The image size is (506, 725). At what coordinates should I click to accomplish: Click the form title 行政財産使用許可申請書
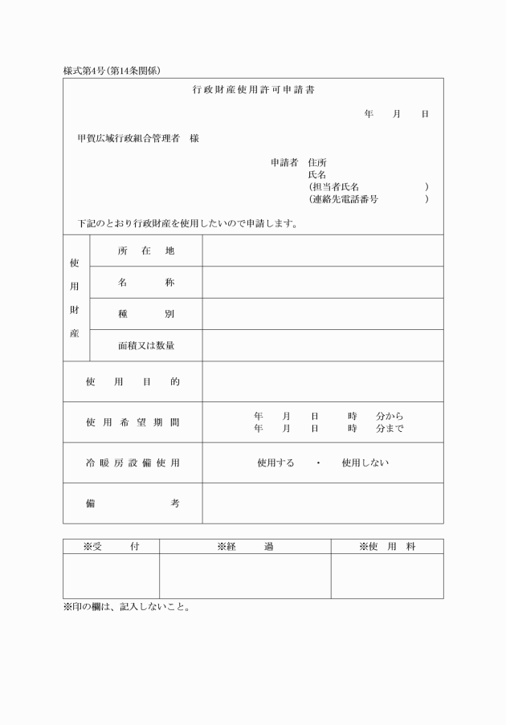point(253,90)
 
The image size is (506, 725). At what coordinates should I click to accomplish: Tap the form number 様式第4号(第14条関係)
point(112,71)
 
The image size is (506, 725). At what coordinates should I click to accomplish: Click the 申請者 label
point(284,162)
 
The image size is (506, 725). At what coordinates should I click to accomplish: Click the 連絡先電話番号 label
point(343,198)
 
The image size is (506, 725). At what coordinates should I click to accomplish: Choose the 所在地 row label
point(146,250)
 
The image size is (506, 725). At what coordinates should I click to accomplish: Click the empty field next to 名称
point(322,283)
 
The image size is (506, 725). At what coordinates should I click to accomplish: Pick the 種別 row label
point(146,314)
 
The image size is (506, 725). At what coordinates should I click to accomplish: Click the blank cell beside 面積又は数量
point(322,345)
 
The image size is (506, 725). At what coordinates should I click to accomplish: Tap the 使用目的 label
point(133,382)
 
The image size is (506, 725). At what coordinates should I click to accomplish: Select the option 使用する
point(275,462)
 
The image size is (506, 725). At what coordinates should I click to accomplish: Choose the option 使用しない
point(365,462)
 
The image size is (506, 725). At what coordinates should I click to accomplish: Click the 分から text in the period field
point(390,417)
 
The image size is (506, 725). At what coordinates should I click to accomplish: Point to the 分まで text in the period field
point(390,429)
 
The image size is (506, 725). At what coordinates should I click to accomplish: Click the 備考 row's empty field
point(322,503)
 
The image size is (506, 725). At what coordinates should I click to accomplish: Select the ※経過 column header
point(245,547)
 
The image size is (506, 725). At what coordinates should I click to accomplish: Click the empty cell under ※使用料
point(386,576)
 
